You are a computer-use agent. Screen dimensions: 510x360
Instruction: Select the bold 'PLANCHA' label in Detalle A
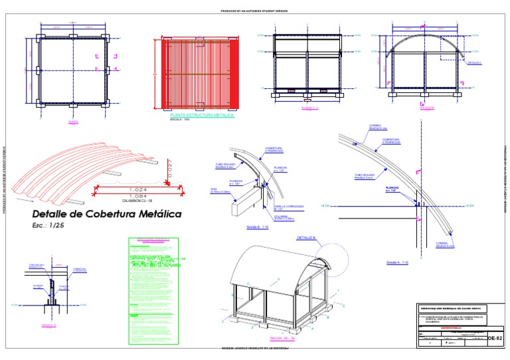394,188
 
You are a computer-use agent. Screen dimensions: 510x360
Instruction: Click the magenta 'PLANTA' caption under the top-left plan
74,122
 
